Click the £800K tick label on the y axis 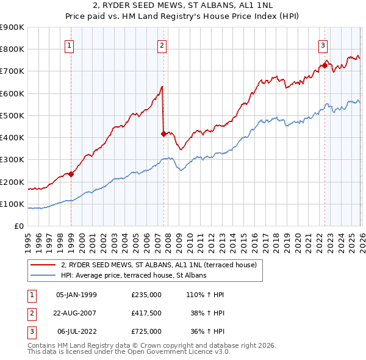click(12, 49)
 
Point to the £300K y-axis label click(12, 160)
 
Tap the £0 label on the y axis click(18, 226)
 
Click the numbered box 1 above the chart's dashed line click(70, 45)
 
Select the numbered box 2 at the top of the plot click(162, 45)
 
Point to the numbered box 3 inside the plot click(323, 45)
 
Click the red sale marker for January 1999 click(71, 174)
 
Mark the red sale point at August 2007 click(163, 134)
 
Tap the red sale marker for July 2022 click(324, 65)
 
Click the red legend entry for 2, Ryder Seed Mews click(162, 265)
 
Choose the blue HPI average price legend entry click(134, 276)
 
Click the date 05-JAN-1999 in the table click(76, 295)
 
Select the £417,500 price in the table click(146, 313)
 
